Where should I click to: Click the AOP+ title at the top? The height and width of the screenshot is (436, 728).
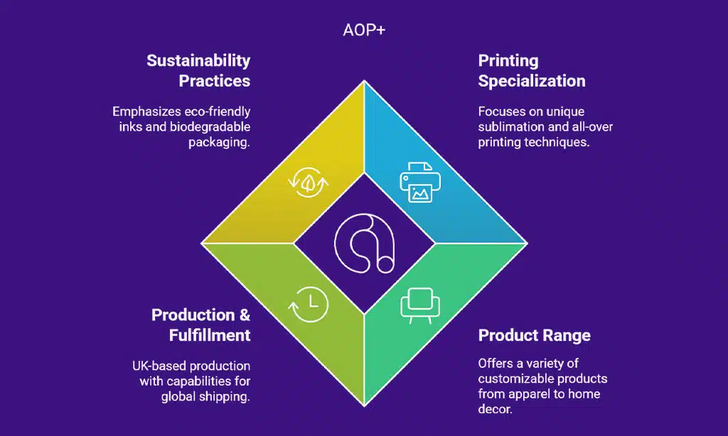[x=364, y=30]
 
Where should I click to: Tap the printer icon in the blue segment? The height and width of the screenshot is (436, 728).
[x=420, y=182]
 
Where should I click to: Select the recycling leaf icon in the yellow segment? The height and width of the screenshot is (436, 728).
[x=309, y=182]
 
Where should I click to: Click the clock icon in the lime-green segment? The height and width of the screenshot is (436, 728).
[x=309, y=304]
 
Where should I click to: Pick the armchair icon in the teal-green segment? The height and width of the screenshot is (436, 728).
[x=420, y=305]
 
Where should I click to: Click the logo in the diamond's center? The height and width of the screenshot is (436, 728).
[x=365, y=243]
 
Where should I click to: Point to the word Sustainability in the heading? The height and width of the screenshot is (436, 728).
[x=199, y=61]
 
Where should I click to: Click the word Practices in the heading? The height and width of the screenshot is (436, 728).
[x=215, y=81]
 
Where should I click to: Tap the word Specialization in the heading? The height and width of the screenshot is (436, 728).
[x=532, y=81]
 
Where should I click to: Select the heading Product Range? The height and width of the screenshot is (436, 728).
[x=535, y=335]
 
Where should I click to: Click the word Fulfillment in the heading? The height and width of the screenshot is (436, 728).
[x=210, y=335]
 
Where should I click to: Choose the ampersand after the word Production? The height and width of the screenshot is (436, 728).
[x=245, y=315]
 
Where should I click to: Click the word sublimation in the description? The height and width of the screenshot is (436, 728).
[x=511, y=126]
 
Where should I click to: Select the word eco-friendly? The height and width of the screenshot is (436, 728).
[x=217, y=111]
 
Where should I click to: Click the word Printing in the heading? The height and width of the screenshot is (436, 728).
[x=508, y=61]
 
